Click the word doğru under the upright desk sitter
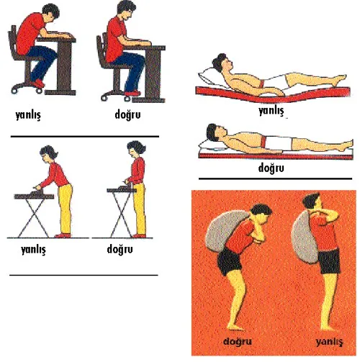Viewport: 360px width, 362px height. click(127, 114)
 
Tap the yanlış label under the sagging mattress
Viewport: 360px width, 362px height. click(271, 111)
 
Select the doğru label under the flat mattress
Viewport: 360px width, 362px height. click(271, 168)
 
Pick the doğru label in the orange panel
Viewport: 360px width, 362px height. click(238, 342)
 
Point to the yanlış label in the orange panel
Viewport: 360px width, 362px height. click(329, 342)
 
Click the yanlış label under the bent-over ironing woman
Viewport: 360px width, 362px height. click(33, 250)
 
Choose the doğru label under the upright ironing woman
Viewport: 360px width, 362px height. click(120, 249)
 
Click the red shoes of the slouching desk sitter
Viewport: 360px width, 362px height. click(37, 83)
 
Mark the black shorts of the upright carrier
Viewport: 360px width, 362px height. click(329, 261)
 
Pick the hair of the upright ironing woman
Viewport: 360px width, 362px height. click(137, 146)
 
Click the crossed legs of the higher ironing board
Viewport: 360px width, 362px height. click(122, 214)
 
